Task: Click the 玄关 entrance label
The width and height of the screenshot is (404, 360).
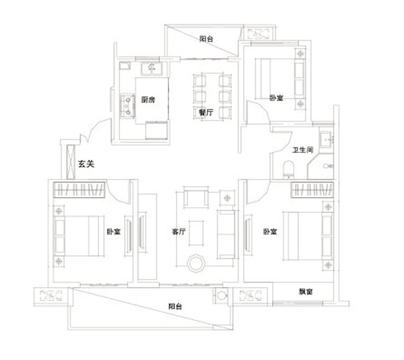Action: pyautogui.click(x=86, y=163)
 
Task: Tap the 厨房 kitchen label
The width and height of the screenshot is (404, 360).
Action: pyautogui.click(x=148, y=100)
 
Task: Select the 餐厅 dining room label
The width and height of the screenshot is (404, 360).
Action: pyautogui.click(x=206, y=112)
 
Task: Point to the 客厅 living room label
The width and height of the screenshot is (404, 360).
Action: pyautogui.click(x=179, y=232)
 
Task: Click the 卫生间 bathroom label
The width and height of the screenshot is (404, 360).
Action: pyautogui.click(x=303, y=149)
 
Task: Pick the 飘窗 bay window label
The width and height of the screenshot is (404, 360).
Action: pyautogui.click(x=306, y=292)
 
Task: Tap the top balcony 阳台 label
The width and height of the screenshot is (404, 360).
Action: pyautogui.click(x=206, y=39)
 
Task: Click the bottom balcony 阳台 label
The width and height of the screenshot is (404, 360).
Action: pyautogui.click(x=175, y=307)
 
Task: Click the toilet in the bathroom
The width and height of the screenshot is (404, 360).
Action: pyautogui.click(x=288, y=169)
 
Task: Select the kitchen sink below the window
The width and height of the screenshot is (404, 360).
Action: pyautogui.click(x=152, y=68)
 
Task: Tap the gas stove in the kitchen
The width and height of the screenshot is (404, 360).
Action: pyautogui.click(x=128, y=106)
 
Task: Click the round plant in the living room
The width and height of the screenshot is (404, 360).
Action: pyautogui.click(x=196, y=263)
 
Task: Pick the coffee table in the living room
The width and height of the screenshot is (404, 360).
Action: pyautogui.click(x=196, y=233)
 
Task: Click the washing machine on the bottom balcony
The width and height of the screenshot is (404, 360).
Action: pyautogui.click(x=221, y=296)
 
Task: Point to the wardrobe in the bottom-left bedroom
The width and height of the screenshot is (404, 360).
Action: pyautogui.click(x=79, y=190)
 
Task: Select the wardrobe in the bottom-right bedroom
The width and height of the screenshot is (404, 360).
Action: pyautogui.click(x=312, y=190)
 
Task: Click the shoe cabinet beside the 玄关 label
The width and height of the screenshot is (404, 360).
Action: pyautogui.click(x=71, y=162)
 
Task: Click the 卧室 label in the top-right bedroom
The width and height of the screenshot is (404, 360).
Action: pyautogui.click(x=276, y=98)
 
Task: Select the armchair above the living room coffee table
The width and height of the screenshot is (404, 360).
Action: pyautogui.click(x=196, y=197)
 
